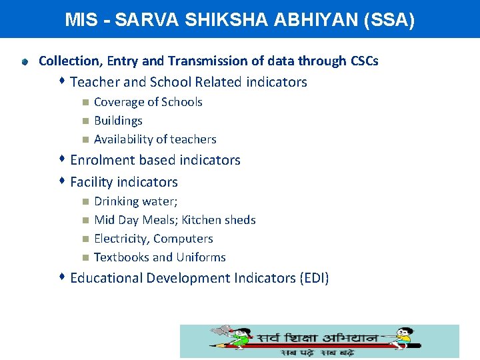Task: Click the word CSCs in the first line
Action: coord(364,61)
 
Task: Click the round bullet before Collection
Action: coord(25,62)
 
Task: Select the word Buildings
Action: coord(118,121)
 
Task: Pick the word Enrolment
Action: coord(101,160)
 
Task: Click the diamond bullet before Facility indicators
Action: coord(61,181)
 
